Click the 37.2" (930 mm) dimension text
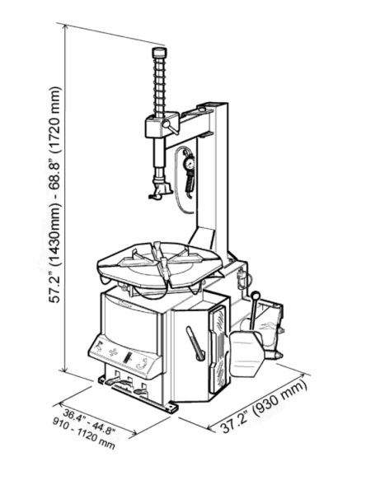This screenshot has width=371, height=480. pyautogui.click(x=263, y=412)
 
